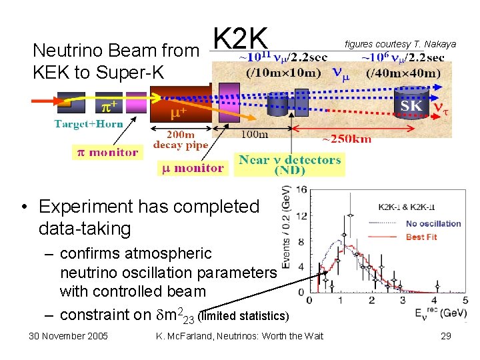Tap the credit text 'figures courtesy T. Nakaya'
pyautogui.click(x=400, y=44)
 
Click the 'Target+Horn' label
pyautogui.click(x=85, y=124)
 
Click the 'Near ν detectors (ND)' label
pyautogui.click(x=290, y=164)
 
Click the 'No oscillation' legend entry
pyautogui.click(x=433, y=223)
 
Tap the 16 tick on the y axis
pyautogui.click(x=301, y=190)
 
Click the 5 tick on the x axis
pyautogui.click(x=465, y=300)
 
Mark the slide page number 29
pyautogui.click(x=446, y=336)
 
